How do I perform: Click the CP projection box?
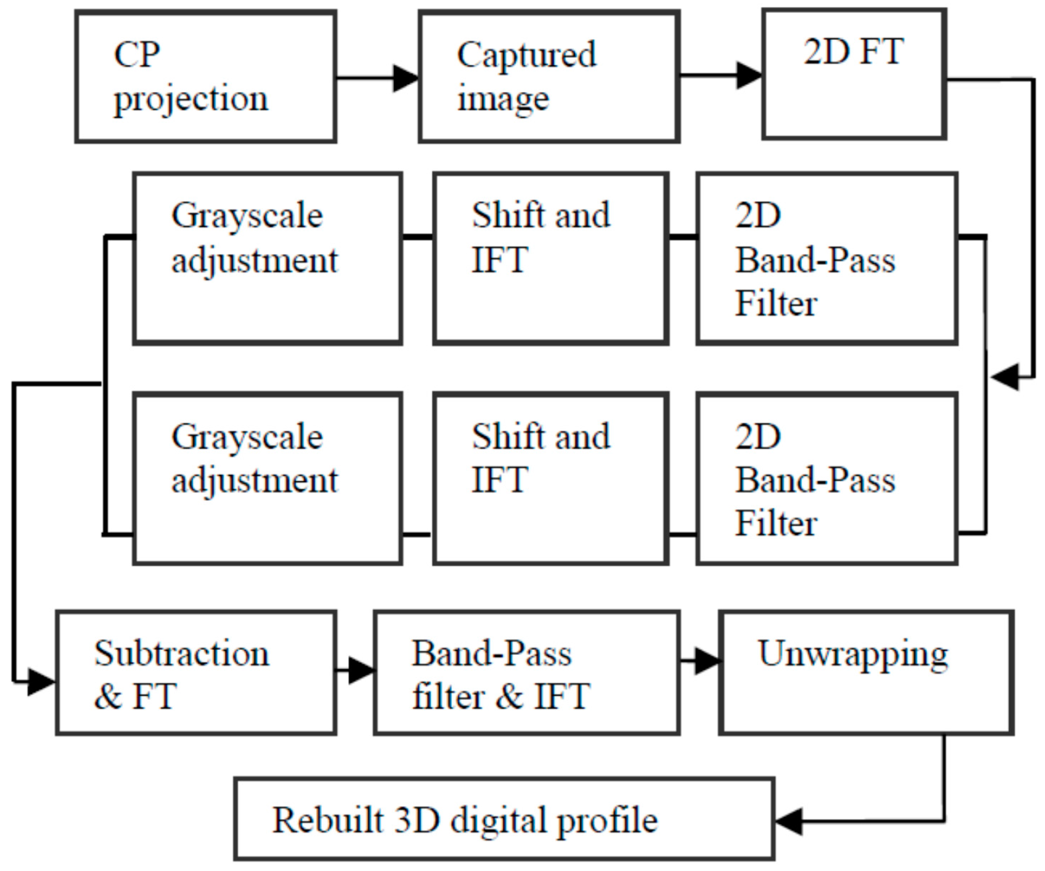point(206,76)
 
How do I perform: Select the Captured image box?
point(549,76)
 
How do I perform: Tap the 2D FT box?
point(853,74)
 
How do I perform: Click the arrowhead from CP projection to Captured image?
point(406,78)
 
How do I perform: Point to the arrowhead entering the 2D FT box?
point(749,75)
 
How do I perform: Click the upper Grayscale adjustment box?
point(267,258)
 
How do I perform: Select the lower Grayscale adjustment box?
point(267,479)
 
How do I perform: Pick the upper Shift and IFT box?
point(551,258)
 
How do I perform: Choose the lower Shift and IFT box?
point(551,479)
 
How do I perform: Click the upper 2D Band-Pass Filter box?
point(827,258)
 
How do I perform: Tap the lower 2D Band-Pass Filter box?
point(827,479)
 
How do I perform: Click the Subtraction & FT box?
point(196,672)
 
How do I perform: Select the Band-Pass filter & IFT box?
point(526,672)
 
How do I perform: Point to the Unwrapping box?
point(866,672)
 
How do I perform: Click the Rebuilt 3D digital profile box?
point(504,819)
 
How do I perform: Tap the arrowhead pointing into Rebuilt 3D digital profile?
point(789,821)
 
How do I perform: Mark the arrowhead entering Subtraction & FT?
point(42,681)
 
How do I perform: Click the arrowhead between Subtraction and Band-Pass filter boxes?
point(362,670)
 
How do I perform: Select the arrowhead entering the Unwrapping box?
point(707,661)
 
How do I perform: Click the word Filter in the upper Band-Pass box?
point(776,303)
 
